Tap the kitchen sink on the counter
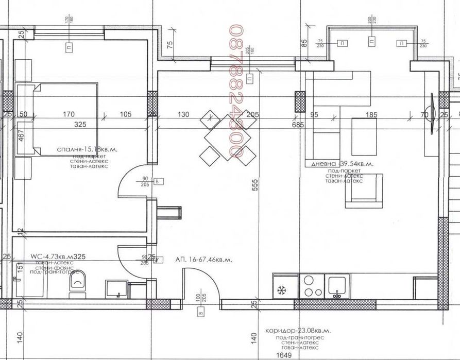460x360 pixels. [x=338, y=285]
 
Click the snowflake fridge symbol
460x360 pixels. [x=283, y=289]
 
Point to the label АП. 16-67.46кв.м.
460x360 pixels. [x=203, y=260]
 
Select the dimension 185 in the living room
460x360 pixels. [x=369, y=114]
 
